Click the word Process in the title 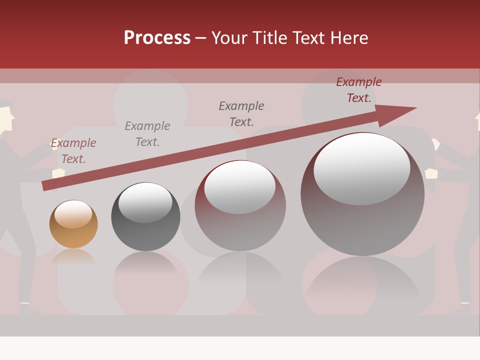[157, 38]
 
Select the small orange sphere [73, 224]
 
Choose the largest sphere [362, 195]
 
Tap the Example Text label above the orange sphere [73, 151]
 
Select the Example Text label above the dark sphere [147, 134]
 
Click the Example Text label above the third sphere [241, 113]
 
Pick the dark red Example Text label [359, 90]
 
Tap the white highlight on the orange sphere [73, 214]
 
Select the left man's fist [59, 173]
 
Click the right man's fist [431, 174]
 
